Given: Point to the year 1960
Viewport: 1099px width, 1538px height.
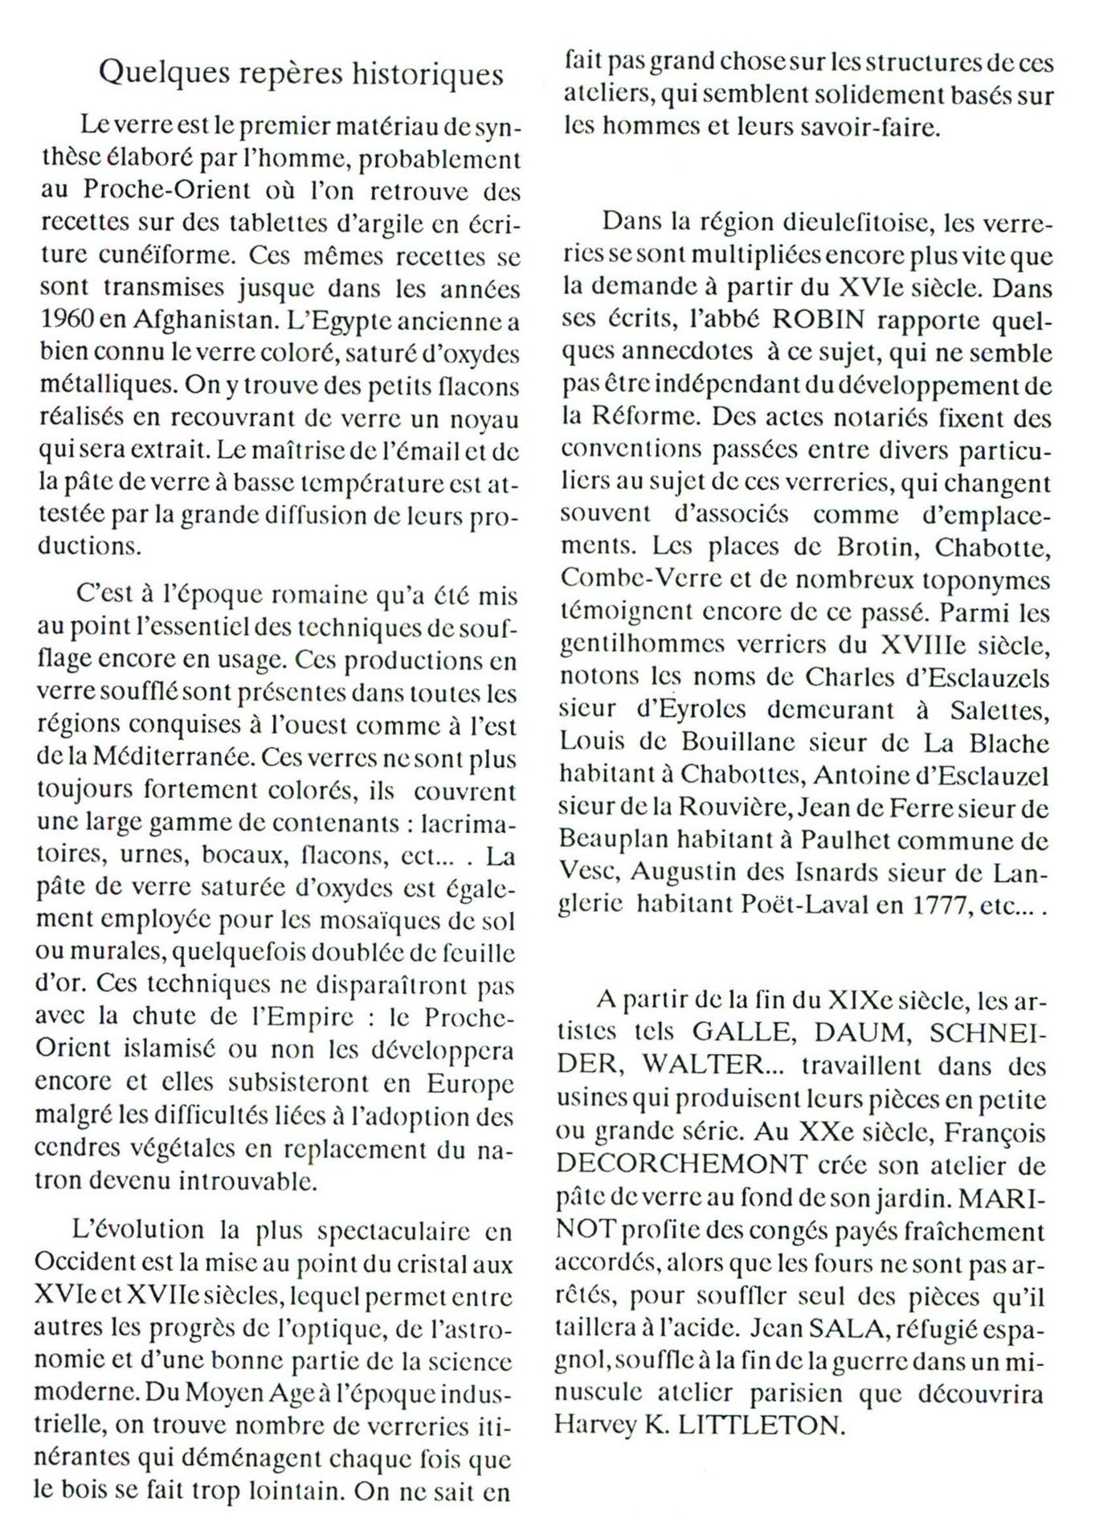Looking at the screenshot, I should click(65, 321).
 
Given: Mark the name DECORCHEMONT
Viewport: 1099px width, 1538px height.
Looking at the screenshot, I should click(681, 1164).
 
